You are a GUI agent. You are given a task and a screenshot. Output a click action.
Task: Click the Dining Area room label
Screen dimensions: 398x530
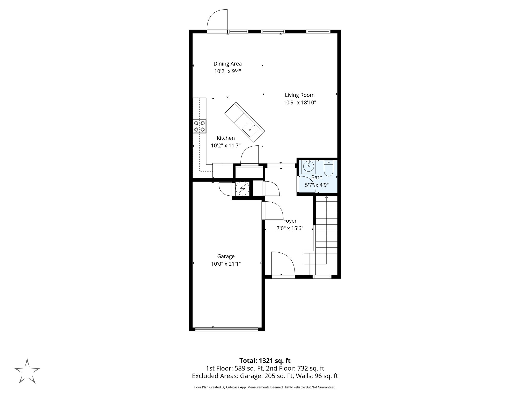click(227, 64)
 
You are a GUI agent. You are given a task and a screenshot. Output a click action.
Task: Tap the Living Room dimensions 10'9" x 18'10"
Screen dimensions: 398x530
click(300, 103)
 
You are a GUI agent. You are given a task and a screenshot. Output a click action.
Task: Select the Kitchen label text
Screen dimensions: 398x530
click(226, 138)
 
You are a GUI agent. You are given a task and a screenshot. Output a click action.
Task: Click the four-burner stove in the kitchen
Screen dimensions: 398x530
click(200, 126)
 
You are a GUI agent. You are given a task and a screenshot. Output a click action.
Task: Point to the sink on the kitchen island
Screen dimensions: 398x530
click(250, 129)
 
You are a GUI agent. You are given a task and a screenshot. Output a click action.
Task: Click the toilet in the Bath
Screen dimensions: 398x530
click(328, 169)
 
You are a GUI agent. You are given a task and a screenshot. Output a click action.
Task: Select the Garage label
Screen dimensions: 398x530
click(226, 256)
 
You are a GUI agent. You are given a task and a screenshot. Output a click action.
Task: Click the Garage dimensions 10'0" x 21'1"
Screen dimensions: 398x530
click(226, 264)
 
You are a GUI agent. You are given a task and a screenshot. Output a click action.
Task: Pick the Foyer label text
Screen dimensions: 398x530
click(290, 221)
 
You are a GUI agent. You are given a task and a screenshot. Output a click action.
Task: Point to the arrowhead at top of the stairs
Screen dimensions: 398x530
click(326, 197)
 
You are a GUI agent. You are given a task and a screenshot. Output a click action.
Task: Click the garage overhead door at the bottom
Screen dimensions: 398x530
click(227, 329)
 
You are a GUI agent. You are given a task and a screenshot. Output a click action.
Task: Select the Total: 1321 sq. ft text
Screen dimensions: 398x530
click(265, 361)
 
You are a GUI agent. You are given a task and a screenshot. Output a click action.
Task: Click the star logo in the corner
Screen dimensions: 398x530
click(27, 371)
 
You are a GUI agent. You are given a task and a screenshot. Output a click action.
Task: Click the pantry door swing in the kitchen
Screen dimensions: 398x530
click(250, 156)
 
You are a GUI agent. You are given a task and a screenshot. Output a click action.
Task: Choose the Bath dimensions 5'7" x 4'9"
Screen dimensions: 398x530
click(317, 185)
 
